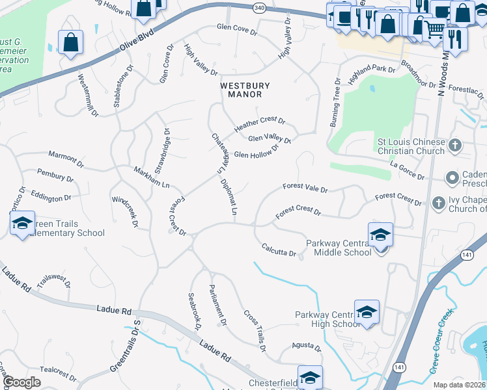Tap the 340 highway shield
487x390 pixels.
click(259, 8)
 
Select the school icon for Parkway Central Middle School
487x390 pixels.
click(380, 235)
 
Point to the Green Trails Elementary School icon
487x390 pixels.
click(22, 224)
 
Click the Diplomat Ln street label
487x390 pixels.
click(229, 197)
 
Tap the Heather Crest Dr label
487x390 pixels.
click(260, 125)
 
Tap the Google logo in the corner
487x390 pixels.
click(22, 382)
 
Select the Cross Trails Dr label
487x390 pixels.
click(255, 330)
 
